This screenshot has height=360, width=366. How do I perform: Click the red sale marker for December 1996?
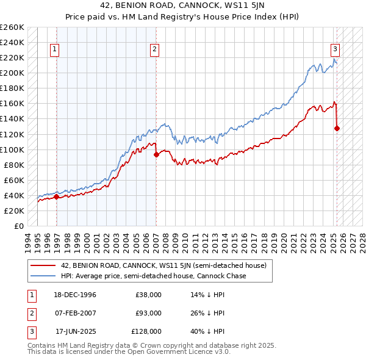[56, 196]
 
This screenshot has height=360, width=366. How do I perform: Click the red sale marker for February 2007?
[156, 154]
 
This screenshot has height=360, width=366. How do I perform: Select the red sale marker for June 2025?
[337, 128]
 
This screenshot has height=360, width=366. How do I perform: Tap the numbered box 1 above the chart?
[55, 49]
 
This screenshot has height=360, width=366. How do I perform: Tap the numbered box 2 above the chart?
[155, 49]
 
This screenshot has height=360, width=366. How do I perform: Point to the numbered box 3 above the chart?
[335, 49]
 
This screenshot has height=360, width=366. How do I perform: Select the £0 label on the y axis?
[20, 226]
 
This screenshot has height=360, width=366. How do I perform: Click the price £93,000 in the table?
[148, 313]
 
